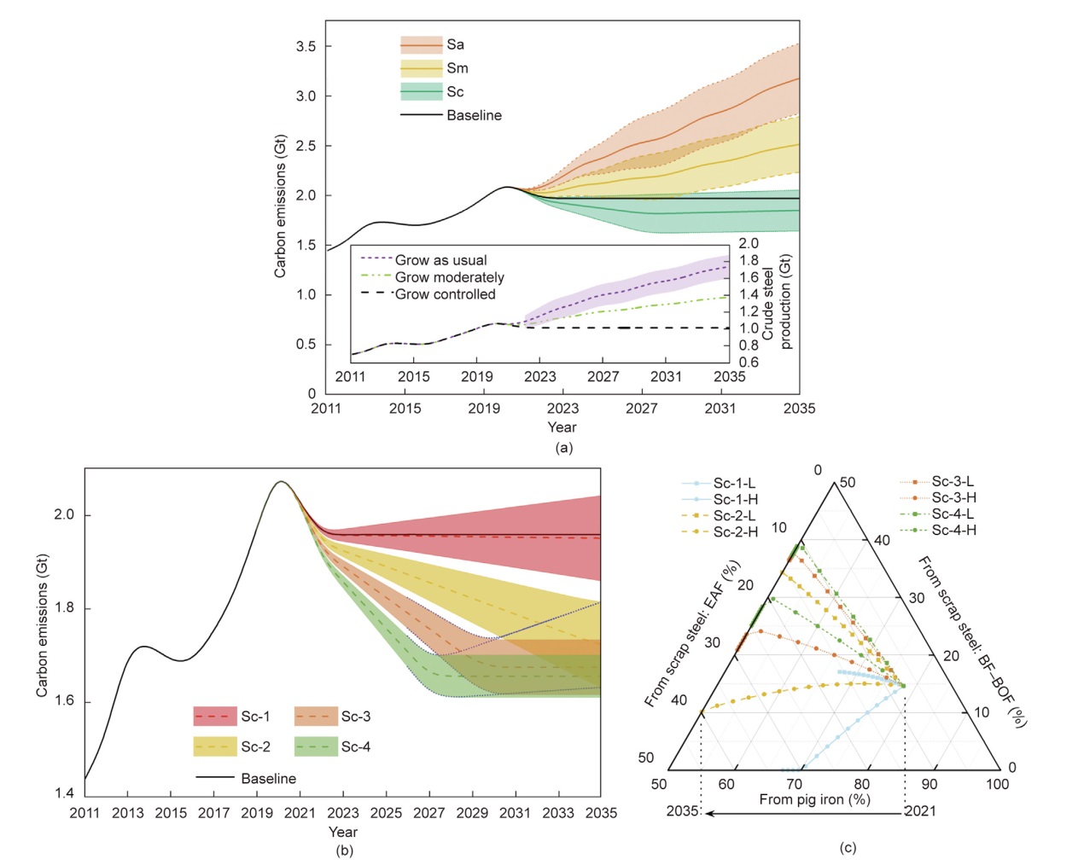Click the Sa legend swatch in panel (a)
(x=421, y=44)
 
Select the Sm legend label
(x=457, y=68)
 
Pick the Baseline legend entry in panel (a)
(x=474, y=115)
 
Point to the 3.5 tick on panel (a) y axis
(x=306, y=46)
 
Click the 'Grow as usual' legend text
(x=440, y=260)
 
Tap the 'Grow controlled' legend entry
(x=445, y=294)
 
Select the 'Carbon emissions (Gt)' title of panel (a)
(x=280, y=206)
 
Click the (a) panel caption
(x=563, y=447)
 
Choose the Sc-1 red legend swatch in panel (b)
(x=215, y=717)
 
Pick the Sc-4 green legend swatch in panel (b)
(x=316, y=746)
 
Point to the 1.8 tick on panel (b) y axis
(x=64, y=608)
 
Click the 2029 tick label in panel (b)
(x=472, y=813)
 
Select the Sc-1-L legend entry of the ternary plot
(x=734, y=484)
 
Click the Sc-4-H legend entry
(x=953, y=530)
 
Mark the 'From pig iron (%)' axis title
(x=814, y=799)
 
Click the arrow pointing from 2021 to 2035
(x=802, y=813)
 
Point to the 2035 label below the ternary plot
(x=683, y=811)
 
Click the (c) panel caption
(x=847, y=847)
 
